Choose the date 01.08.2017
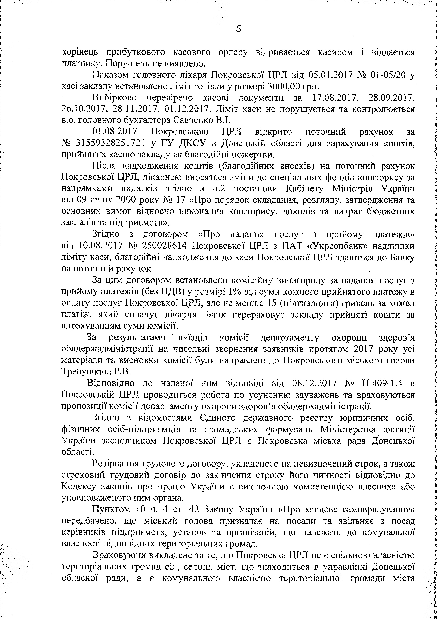coord(115,132)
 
